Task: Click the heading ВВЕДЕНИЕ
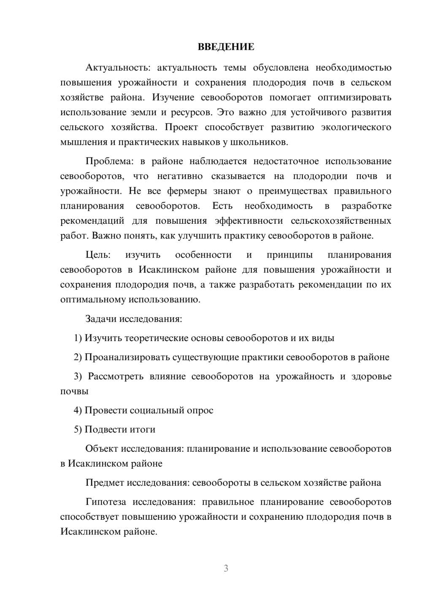(226, 47)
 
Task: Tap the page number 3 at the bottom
(226, 568)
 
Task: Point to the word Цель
(98, 255)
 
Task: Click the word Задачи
(101, 319)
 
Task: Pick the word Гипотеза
(105, 502)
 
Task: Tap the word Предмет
(105, 483)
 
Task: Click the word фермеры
(187, 191)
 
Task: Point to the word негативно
(180, 176)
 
